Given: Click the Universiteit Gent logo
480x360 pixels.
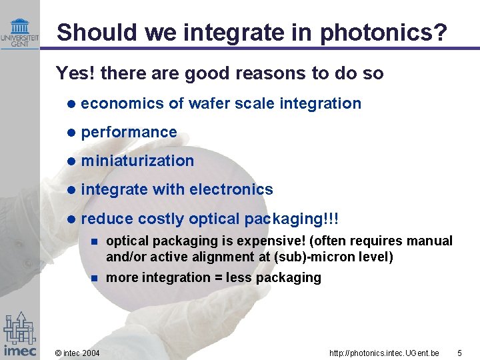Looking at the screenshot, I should [19, 31].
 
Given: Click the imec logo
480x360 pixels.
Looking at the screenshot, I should [19, 334].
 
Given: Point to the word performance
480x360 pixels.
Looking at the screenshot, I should [129, 132].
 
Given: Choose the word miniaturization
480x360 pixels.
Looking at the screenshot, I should [137, 161].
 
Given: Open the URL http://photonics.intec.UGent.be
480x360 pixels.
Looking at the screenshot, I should [385, 352].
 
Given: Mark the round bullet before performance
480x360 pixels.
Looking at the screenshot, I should [71, 133].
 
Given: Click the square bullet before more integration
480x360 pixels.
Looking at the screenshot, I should [95, 278].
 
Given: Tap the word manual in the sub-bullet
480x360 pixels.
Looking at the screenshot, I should [431, 241].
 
